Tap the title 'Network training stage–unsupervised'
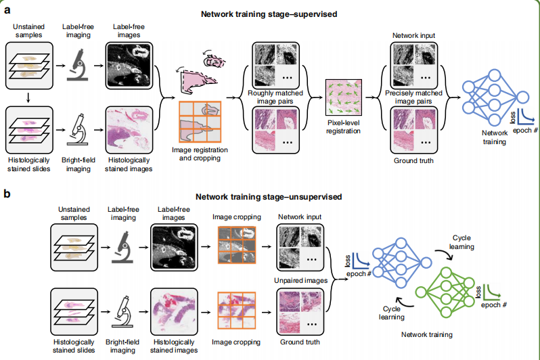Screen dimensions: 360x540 [x=269, y=197]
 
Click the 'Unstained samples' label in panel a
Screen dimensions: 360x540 [x=28, y=30]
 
